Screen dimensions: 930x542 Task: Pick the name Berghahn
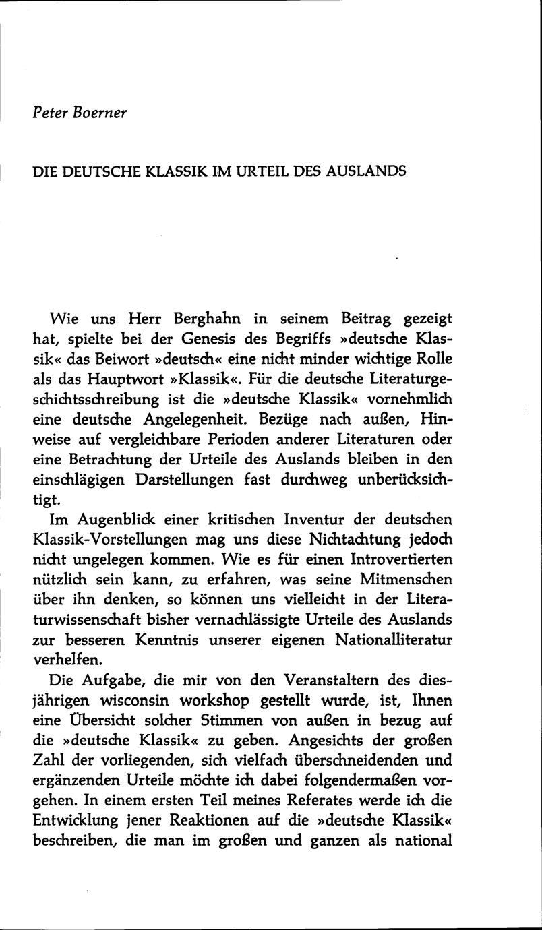[204, 317]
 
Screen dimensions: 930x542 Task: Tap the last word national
[421, 842]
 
